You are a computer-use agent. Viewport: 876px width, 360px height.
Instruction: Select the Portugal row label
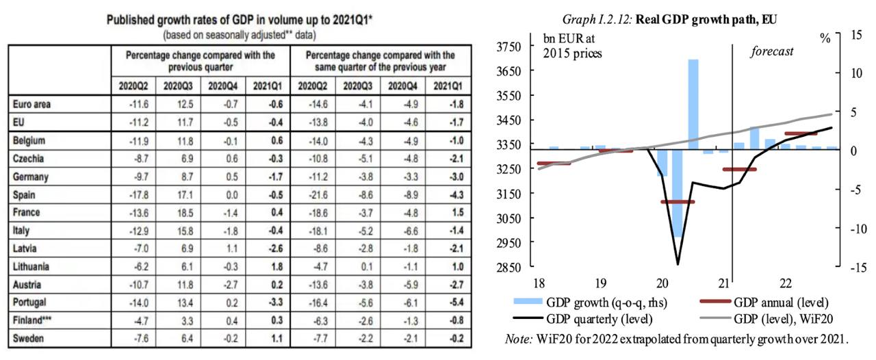(x=31, y=301)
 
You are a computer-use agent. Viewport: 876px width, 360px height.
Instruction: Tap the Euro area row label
(x=34, y=104)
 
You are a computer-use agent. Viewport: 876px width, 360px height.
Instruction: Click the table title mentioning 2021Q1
(x=239, y=21)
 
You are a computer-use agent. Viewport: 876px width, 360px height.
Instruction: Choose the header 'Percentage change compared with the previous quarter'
(x=200, y=60)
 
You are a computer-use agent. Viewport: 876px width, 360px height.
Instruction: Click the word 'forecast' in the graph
(x=773, y=51)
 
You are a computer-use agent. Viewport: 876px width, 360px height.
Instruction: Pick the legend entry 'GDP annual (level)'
(x=780, y=302)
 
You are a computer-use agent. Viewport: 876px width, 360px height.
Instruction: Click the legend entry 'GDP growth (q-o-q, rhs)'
(x=605, y=302)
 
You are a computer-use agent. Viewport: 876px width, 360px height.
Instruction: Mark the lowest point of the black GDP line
(x=678, y=263)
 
